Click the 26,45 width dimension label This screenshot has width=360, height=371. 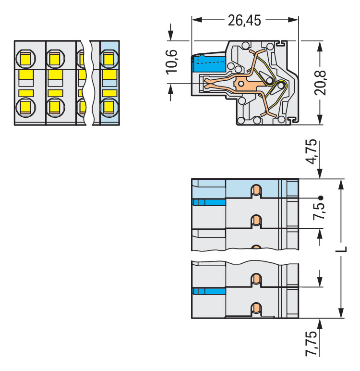244,20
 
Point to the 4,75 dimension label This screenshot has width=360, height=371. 312,151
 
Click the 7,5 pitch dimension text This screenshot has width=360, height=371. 319,211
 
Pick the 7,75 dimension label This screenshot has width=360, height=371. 312,344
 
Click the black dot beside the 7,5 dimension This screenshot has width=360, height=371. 320,198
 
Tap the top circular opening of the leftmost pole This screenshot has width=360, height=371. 25,59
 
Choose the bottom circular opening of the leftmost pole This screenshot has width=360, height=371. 25,106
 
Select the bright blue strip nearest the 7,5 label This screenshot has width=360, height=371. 209,202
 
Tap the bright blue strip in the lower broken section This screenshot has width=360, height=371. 209,291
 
